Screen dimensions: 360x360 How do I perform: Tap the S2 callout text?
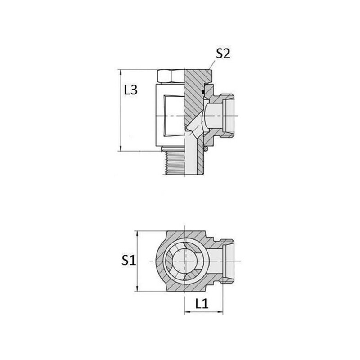pos(223,54)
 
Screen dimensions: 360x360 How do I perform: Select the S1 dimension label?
pos(129,261)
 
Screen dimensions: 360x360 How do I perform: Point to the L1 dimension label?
pos(202,304)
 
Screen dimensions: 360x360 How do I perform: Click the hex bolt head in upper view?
pos(171,76)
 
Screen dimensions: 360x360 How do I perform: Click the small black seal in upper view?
pos(203,92)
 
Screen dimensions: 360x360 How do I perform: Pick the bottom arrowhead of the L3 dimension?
pos(121,148)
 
